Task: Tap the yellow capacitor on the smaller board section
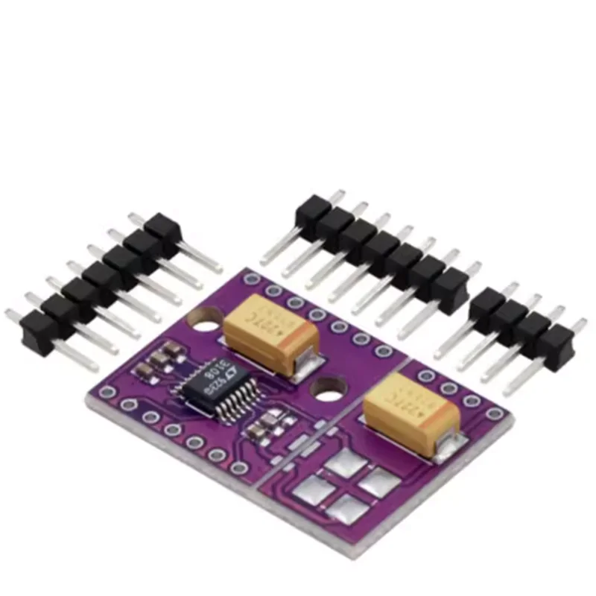(x=410, y=412)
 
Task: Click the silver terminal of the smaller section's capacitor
(x=447, y=446)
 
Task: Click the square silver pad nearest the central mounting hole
(x=345, y=463)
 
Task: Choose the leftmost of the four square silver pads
(x=309, y=489)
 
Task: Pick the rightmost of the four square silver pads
(x=378, y=483)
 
